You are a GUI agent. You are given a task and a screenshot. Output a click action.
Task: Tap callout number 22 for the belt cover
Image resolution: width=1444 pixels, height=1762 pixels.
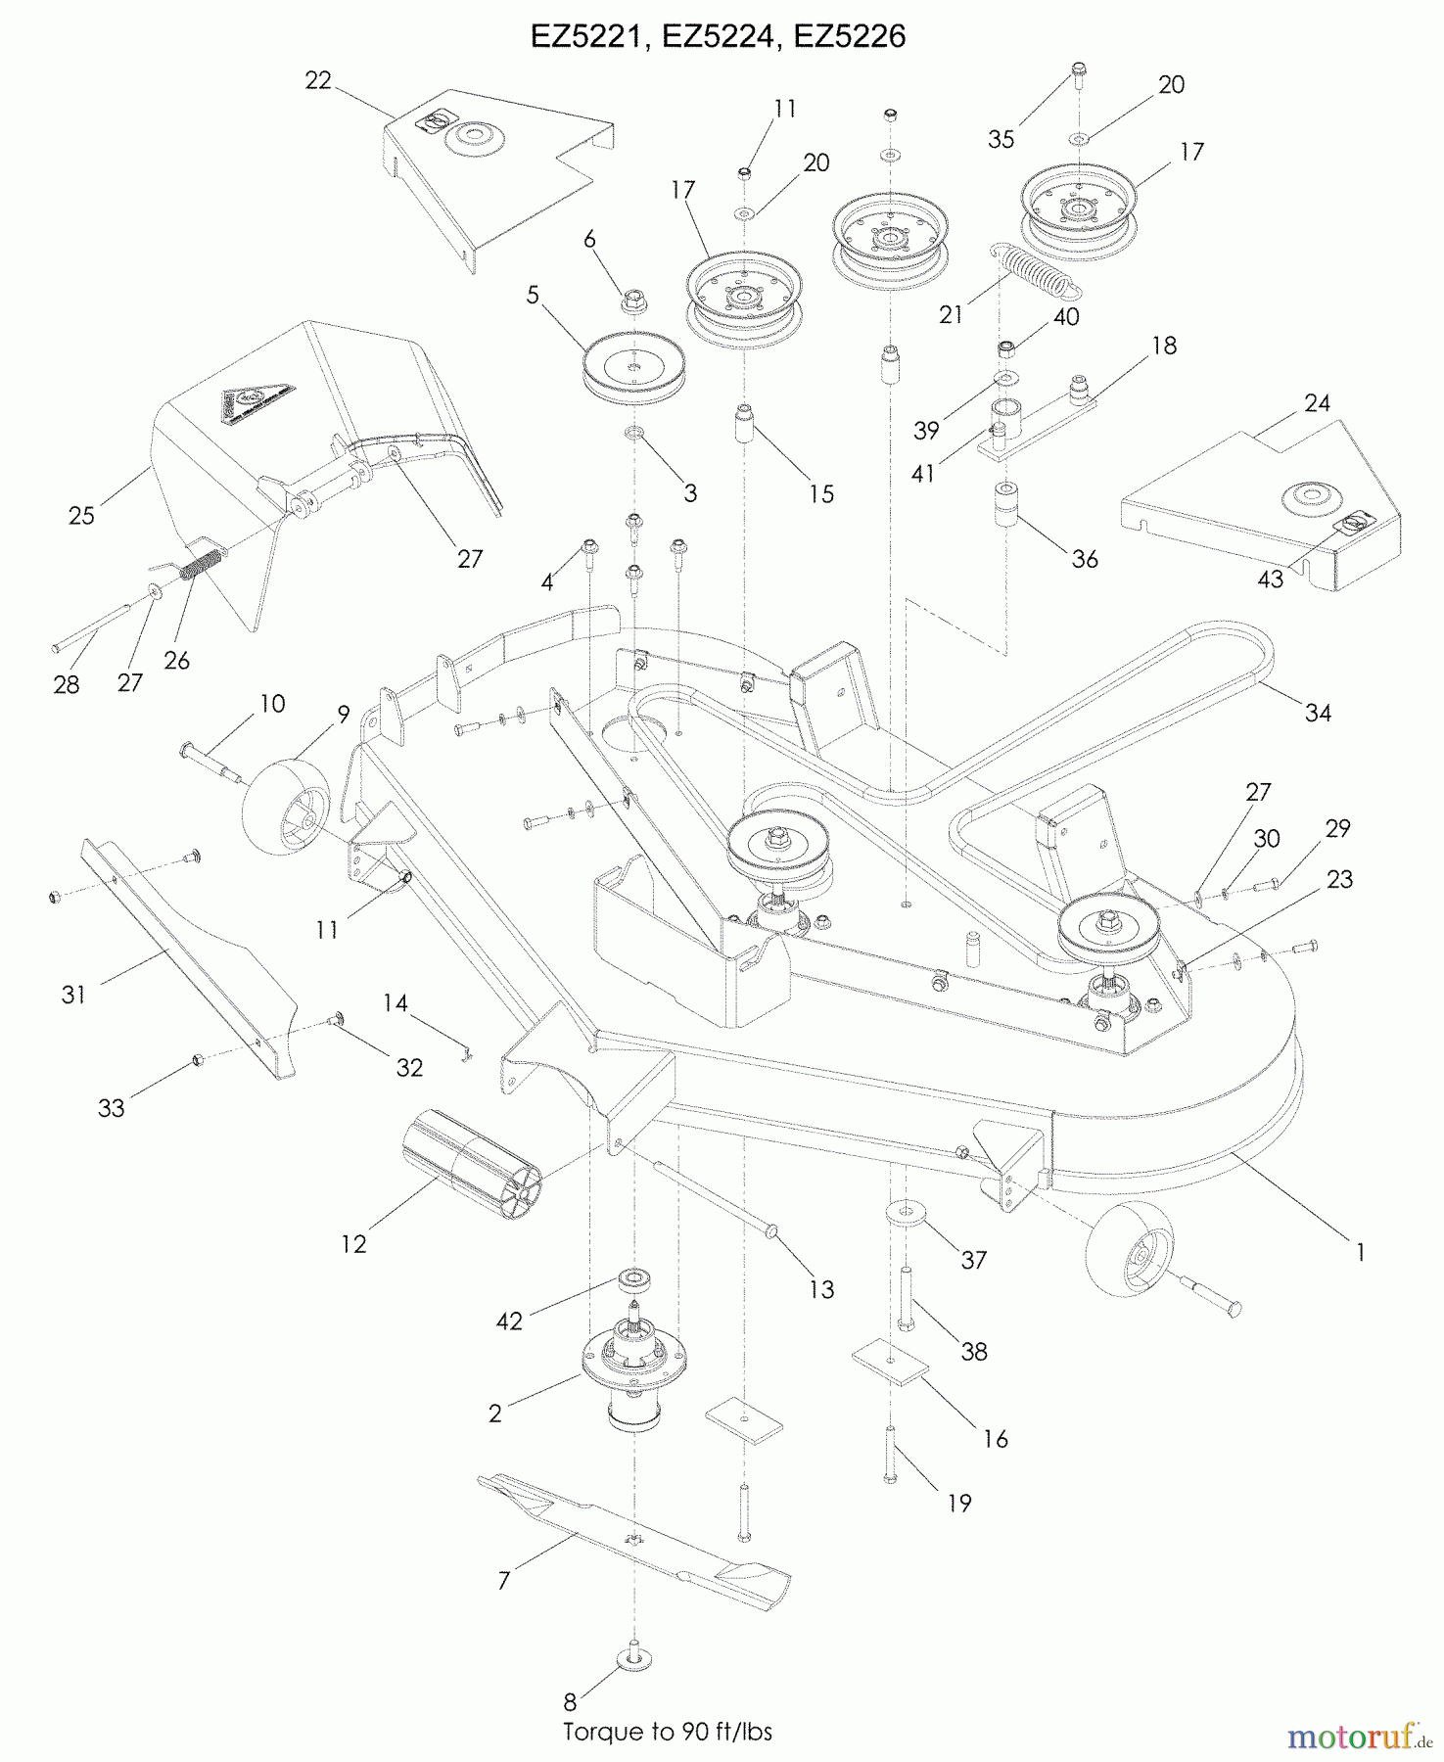click(x=318, y=80)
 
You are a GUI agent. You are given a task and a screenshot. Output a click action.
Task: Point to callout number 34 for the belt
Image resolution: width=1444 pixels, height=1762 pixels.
click(x=1318, y=713)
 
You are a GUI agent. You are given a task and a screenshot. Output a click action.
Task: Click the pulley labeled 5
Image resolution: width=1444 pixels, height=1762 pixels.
click(x=633, y=369)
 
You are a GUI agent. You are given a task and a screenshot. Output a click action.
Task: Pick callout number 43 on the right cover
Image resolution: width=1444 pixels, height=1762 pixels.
click(x=1270, y=579)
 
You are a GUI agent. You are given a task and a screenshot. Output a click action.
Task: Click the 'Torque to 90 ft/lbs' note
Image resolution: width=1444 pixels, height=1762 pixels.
click(x=668, y=1732)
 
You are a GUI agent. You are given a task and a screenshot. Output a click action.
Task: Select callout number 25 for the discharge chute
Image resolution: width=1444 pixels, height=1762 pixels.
click(x=81, y=515)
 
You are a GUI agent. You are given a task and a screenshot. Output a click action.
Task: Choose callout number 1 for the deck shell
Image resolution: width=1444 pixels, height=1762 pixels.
click(x=1359, y=1250)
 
